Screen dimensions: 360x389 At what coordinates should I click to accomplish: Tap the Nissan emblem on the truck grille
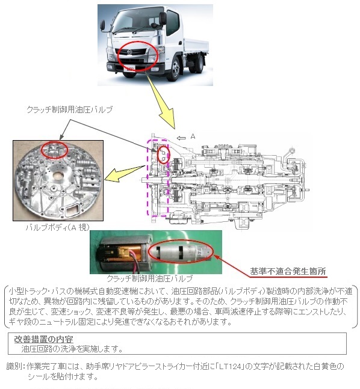pyautogui.click(x=129, y=52)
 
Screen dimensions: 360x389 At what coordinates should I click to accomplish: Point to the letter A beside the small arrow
pyautogui.click(x=193, y=136)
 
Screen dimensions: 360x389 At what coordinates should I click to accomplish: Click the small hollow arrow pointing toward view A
pyautogui.click(x=181, y=138)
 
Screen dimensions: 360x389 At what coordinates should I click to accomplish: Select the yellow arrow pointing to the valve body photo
pyautogui.click(x=124, y=173)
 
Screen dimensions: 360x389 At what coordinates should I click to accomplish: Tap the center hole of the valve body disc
pyautogui.click(x=58, y=176)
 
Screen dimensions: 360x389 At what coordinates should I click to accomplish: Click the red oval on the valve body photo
pyautogui.click(x=54, y=150)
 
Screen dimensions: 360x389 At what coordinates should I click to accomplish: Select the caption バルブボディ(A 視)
pyautogui.click(x=58, y=227)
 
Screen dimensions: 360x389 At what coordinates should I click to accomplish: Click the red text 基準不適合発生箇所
pyautogui.click(x=288, y=271)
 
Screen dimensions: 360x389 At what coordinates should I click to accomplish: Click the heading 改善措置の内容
pyautogui.click(x=43, y=339)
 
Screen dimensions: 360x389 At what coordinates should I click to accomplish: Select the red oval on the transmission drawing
pyautogui.click(x=163, y=155)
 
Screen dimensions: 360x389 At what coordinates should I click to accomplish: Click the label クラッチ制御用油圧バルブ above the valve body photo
pyautogui.click(x=70, y=109)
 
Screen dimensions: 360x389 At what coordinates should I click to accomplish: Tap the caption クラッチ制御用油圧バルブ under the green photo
pyautogui.click(x=150, y=278)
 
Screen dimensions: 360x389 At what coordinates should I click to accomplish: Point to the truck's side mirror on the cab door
pyautogui.click(x=163, y=18)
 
